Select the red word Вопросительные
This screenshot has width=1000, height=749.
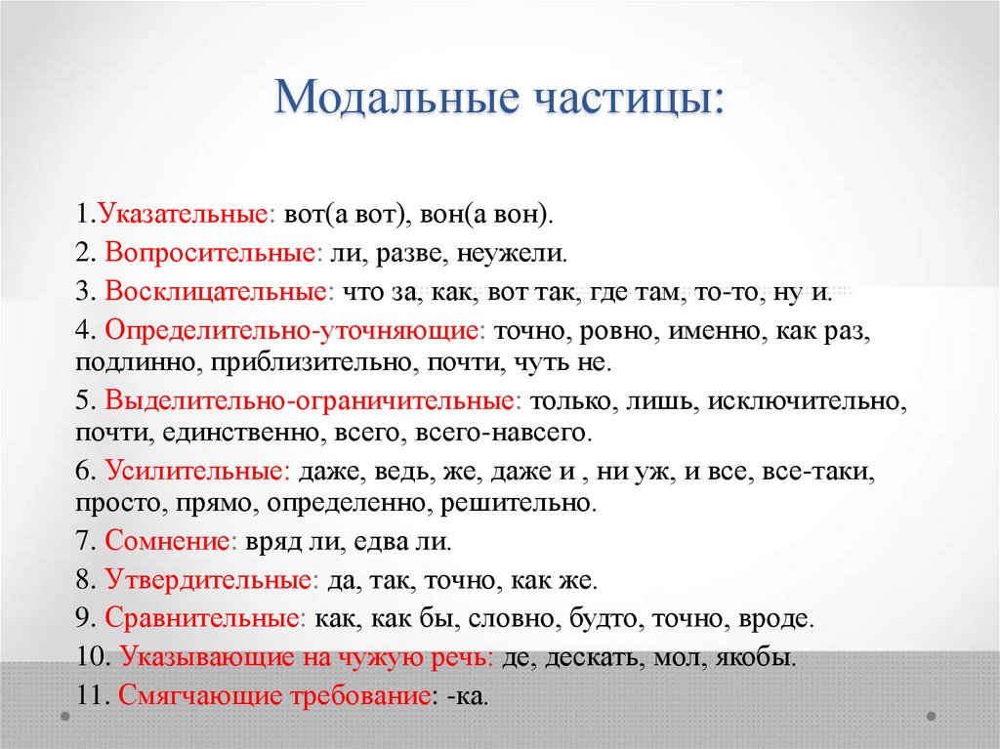point(210,253)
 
